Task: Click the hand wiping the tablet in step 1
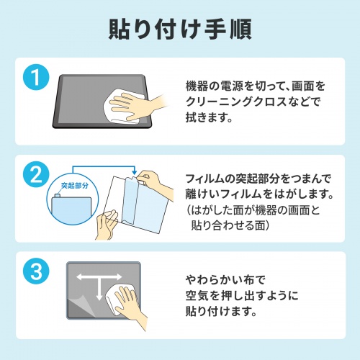click(x=133, y=108)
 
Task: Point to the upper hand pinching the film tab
click(x=148, y=182)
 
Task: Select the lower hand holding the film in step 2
click(x=107, y=223)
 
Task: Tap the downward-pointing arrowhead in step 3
click(x=98, y=297)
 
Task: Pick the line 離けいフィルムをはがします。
click(x=258, y=195)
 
